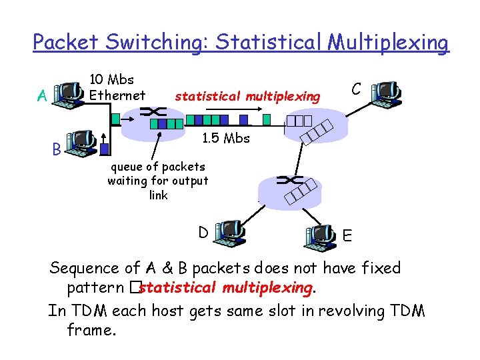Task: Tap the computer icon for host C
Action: (x=386, y=95)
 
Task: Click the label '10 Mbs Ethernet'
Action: (x=117, y=87)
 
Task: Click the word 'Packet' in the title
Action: (x=63, y=43)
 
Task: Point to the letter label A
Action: (x=42, y=97)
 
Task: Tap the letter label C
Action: (x=357, y=89)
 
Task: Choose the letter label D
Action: (x=203, y=232)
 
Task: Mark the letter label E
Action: (x=347, y=235)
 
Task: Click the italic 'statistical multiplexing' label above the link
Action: (x=247, y=97)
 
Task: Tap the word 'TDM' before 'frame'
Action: (x=405, y=311)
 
